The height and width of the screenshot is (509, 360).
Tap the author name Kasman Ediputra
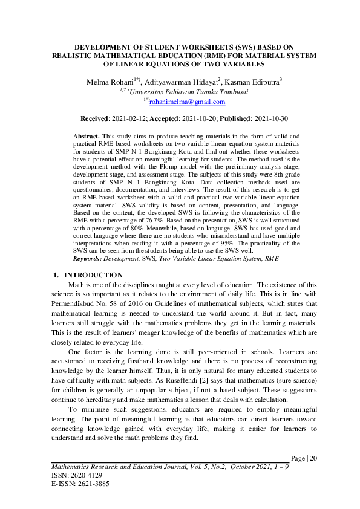[254, 82]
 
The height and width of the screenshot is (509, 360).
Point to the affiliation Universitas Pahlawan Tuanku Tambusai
[182, 92]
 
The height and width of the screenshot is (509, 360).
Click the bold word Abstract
[86, 138]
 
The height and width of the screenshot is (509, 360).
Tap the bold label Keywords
[87, 258]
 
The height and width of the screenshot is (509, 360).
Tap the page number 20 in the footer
[313, 459]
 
